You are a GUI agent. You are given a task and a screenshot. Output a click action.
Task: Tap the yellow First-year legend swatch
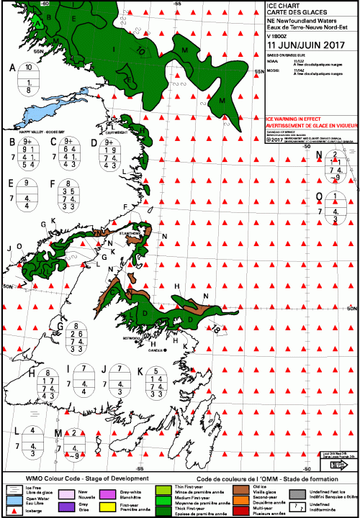[104, 508]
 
